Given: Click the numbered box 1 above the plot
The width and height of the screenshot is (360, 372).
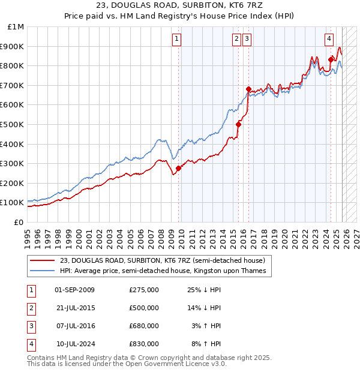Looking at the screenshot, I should (177, 40).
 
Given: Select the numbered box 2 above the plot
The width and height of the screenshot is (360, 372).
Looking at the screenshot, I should (236, 40).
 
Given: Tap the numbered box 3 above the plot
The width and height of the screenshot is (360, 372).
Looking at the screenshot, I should (247, 40).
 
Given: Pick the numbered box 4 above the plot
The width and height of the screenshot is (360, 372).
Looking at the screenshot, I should (329, 40).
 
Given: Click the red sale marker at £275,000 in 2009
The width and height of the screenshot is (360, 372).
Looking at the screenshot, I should (178, 168).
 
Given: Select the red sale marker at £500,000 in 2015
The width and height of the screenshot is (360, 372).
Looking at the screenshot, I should (238, 124).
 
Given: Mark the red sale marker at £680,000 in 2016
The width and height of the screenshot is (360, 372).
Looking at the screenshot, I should (248, 89).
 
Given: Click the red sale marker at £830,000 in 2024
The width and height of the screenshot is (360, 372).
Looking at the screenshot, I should (331, 59).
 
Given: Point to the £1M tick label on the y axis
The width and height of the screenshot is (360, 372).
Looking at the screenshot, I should (16, 27).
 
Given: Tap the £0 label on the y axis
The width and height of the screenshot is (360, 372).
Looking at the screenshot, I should (19, 222).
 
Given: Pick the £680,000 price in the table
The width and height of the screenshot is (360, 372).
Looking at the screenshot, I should (144, 326).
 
